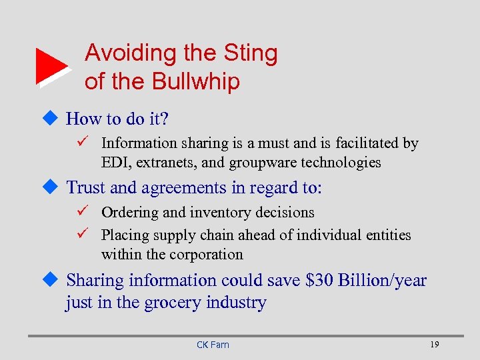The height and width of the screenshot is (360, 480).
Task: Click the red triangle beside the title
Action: click(50, 66)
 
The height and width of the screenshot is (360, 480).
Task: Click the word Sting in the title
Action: click(251, 53)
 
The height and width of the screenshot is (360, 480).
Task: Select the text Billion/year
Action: click(381, 281)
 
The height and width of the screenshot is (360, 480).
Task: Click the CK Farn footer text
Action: click(213, 345)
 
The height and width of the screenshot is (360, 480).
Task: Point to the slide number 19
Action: click(435, 344)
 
